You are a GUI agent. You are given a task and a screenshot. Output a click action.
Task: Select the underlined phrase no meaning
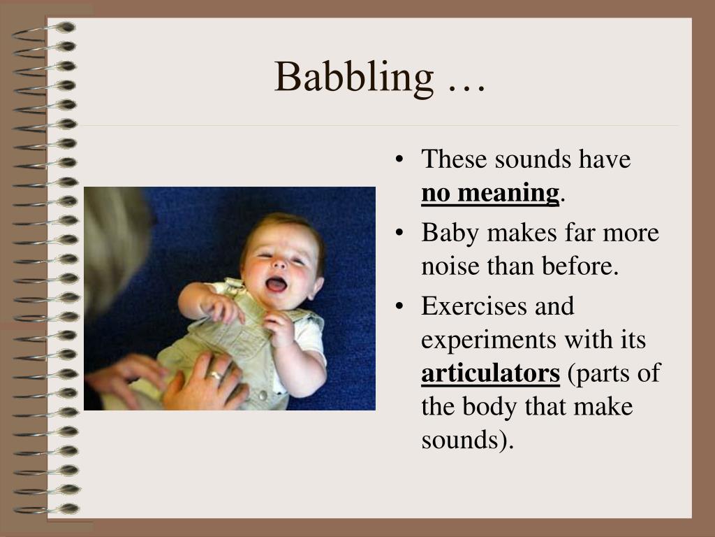[490, 193]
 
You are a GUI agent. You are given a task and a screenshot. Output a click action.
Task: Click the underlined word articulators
[490, 373]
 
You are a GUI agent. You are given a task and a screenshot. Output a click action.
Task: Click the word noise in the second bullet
[446, 266]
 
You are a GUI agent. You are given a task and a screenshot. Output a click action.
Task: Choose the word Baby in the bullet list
[447, 233]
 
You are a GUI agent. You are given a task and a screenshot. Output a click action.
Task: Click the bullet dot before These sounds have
[399, 160]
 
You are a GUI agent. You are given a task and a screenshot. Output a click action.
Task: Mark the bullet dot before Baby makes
[399, 234]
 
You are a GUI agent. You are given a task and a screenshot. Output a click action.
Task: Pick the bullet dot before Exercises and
[399, 307]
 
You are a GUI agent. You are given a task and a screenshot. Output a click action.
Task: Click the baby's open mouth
[276, 284]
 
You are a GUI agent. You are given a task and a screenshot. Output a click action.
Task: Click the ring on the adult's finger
[216, 375]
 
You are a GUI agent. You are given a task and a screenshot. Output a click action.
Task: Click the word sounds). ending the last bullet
[467, 441]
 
